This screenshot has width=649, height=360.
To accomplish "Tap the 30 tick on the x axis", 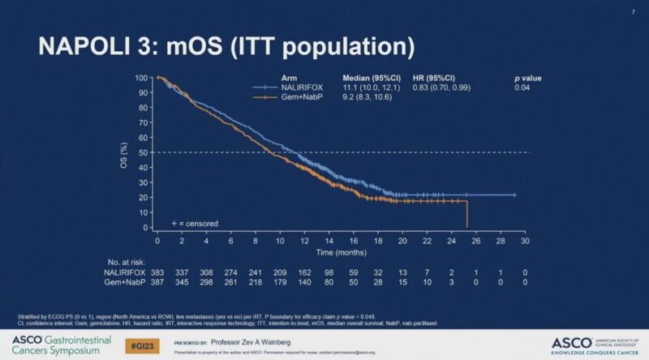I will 525,241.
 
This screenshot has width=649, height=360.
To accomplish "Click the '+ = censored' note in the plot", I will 194,222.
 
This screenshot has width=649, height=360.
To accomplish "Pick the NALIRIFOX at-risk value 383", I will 158,273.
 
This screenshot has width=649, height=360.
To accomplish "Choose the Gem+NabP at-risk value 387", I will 158,282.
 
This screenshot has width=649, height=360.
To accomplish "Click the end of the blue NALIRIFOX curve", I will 514,195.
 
